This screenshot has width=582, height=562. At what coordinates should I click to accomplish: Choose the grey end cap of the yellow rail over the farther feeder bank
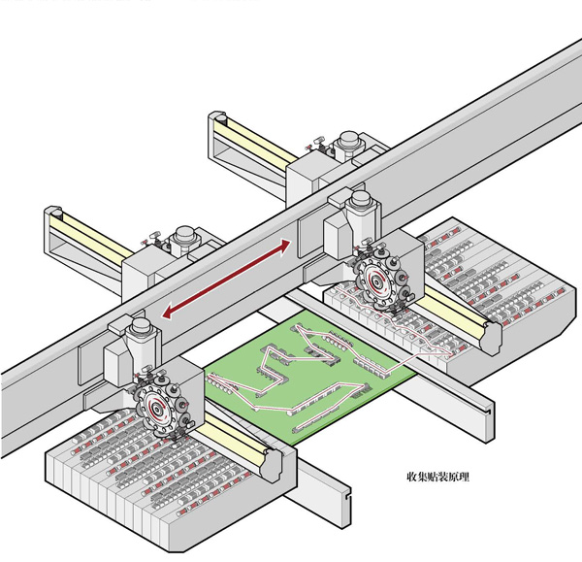pos(489,339)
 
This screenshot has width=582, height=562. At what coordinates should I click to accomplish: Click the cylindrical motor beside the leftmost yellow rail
pos(180,239)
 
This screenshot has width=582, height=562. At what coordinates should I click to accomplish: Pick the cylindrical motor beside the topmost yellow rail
pos(345,148)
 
